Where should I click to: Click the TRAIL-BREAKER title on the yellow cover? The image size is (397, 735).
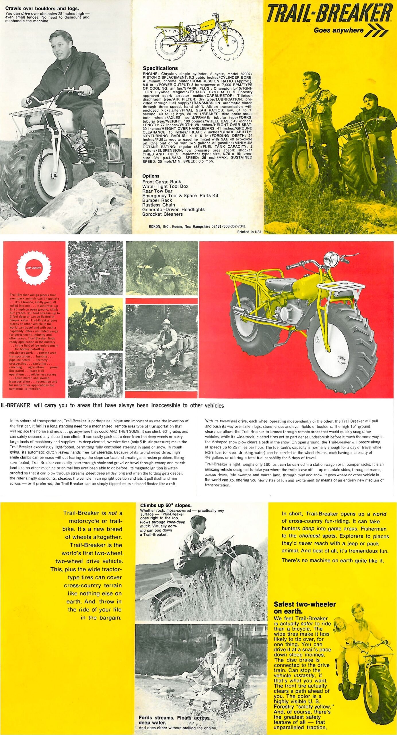[329, 13]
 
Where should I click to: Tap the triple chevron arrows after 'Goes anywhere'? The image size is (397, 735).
[376, 31]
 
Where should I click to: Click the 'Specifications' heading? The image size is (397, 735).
[160, 68]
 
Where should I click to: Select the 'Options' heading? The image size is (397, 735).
[151, 176]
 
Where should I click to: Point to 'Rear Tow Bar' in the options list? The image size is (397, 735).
[157, 191]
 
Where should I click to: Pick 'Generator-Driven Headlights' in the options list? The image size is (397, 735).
[173, 209]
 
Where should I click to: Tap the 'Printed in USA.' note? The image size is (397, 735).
[250, 232]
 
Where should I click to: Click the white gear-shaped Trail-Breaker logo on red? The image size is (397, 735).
[34, 268]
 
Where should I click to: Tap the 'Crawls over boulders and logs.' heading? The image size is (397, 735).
[42, 8]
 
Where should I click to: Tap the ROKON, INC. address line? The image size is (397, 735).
[197, 226]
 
